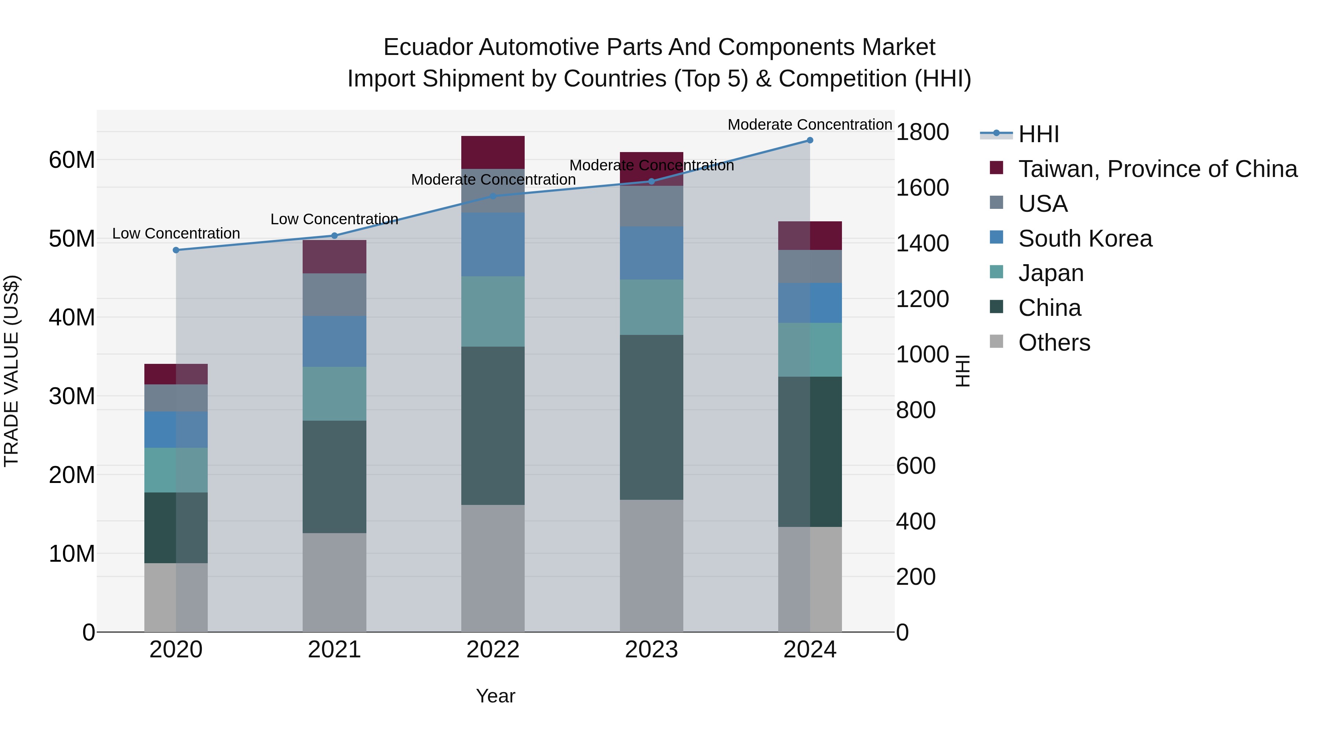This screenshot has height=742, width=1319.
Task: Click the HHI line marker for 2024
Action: pyautogui.click(x=809, y=140)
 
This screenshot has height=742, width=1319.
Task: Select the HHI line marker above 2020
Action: pyautogui.click(x=176, y=250)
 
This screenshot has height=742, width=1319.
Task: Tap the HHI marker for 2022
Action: pyautogui.click(x=493, y=196)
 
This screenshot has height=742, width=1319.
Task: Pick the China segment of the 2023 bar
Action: pyautogui.click(x=651, y=417)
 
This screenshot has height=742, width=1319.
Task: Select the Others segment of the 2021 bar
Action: pyautogui.click(x=335, y=582)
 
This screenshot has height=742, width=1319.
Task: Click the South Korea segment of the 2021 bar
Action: pyautogui.click(x=335, y=341)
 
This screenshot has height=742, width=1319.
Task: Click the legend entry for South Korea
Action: pyautogui.click(x=1085, y=239)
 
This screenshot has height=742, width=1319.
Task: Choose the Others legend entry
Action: pyautogui.click(x=1054, y=343)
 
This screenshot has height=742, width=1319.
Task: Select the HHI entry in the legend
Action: pyautogui.click(x=1038, y=134)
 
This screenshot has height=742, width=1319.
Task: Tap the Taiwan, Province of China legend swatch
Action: pyautogui.click(x=997, y=168)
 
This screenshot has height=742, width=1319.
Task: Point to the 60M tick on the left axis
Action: pyautogui.click(x=72, y=160)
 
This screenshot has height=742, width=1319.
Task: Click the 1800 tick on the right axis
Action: pyautogui.click(x=922, y=132)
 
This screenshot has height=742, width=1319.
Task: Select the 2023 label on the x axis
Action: pyautogui.click(x=651, y=650)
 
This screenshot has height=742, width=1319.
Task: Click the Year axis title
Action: pyautogui.click(x=495, y=696)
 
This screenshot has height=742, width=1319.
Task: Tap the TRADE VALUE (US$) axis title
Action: pyautogui.click(x=11, y=371)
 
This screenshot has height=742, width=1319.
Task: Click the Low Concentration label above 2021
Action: pyautogui.click(x=335, y=219)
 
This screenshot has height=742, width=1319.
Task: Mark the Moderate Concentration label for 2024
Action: pyautogui.click(x=809, y=125)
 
